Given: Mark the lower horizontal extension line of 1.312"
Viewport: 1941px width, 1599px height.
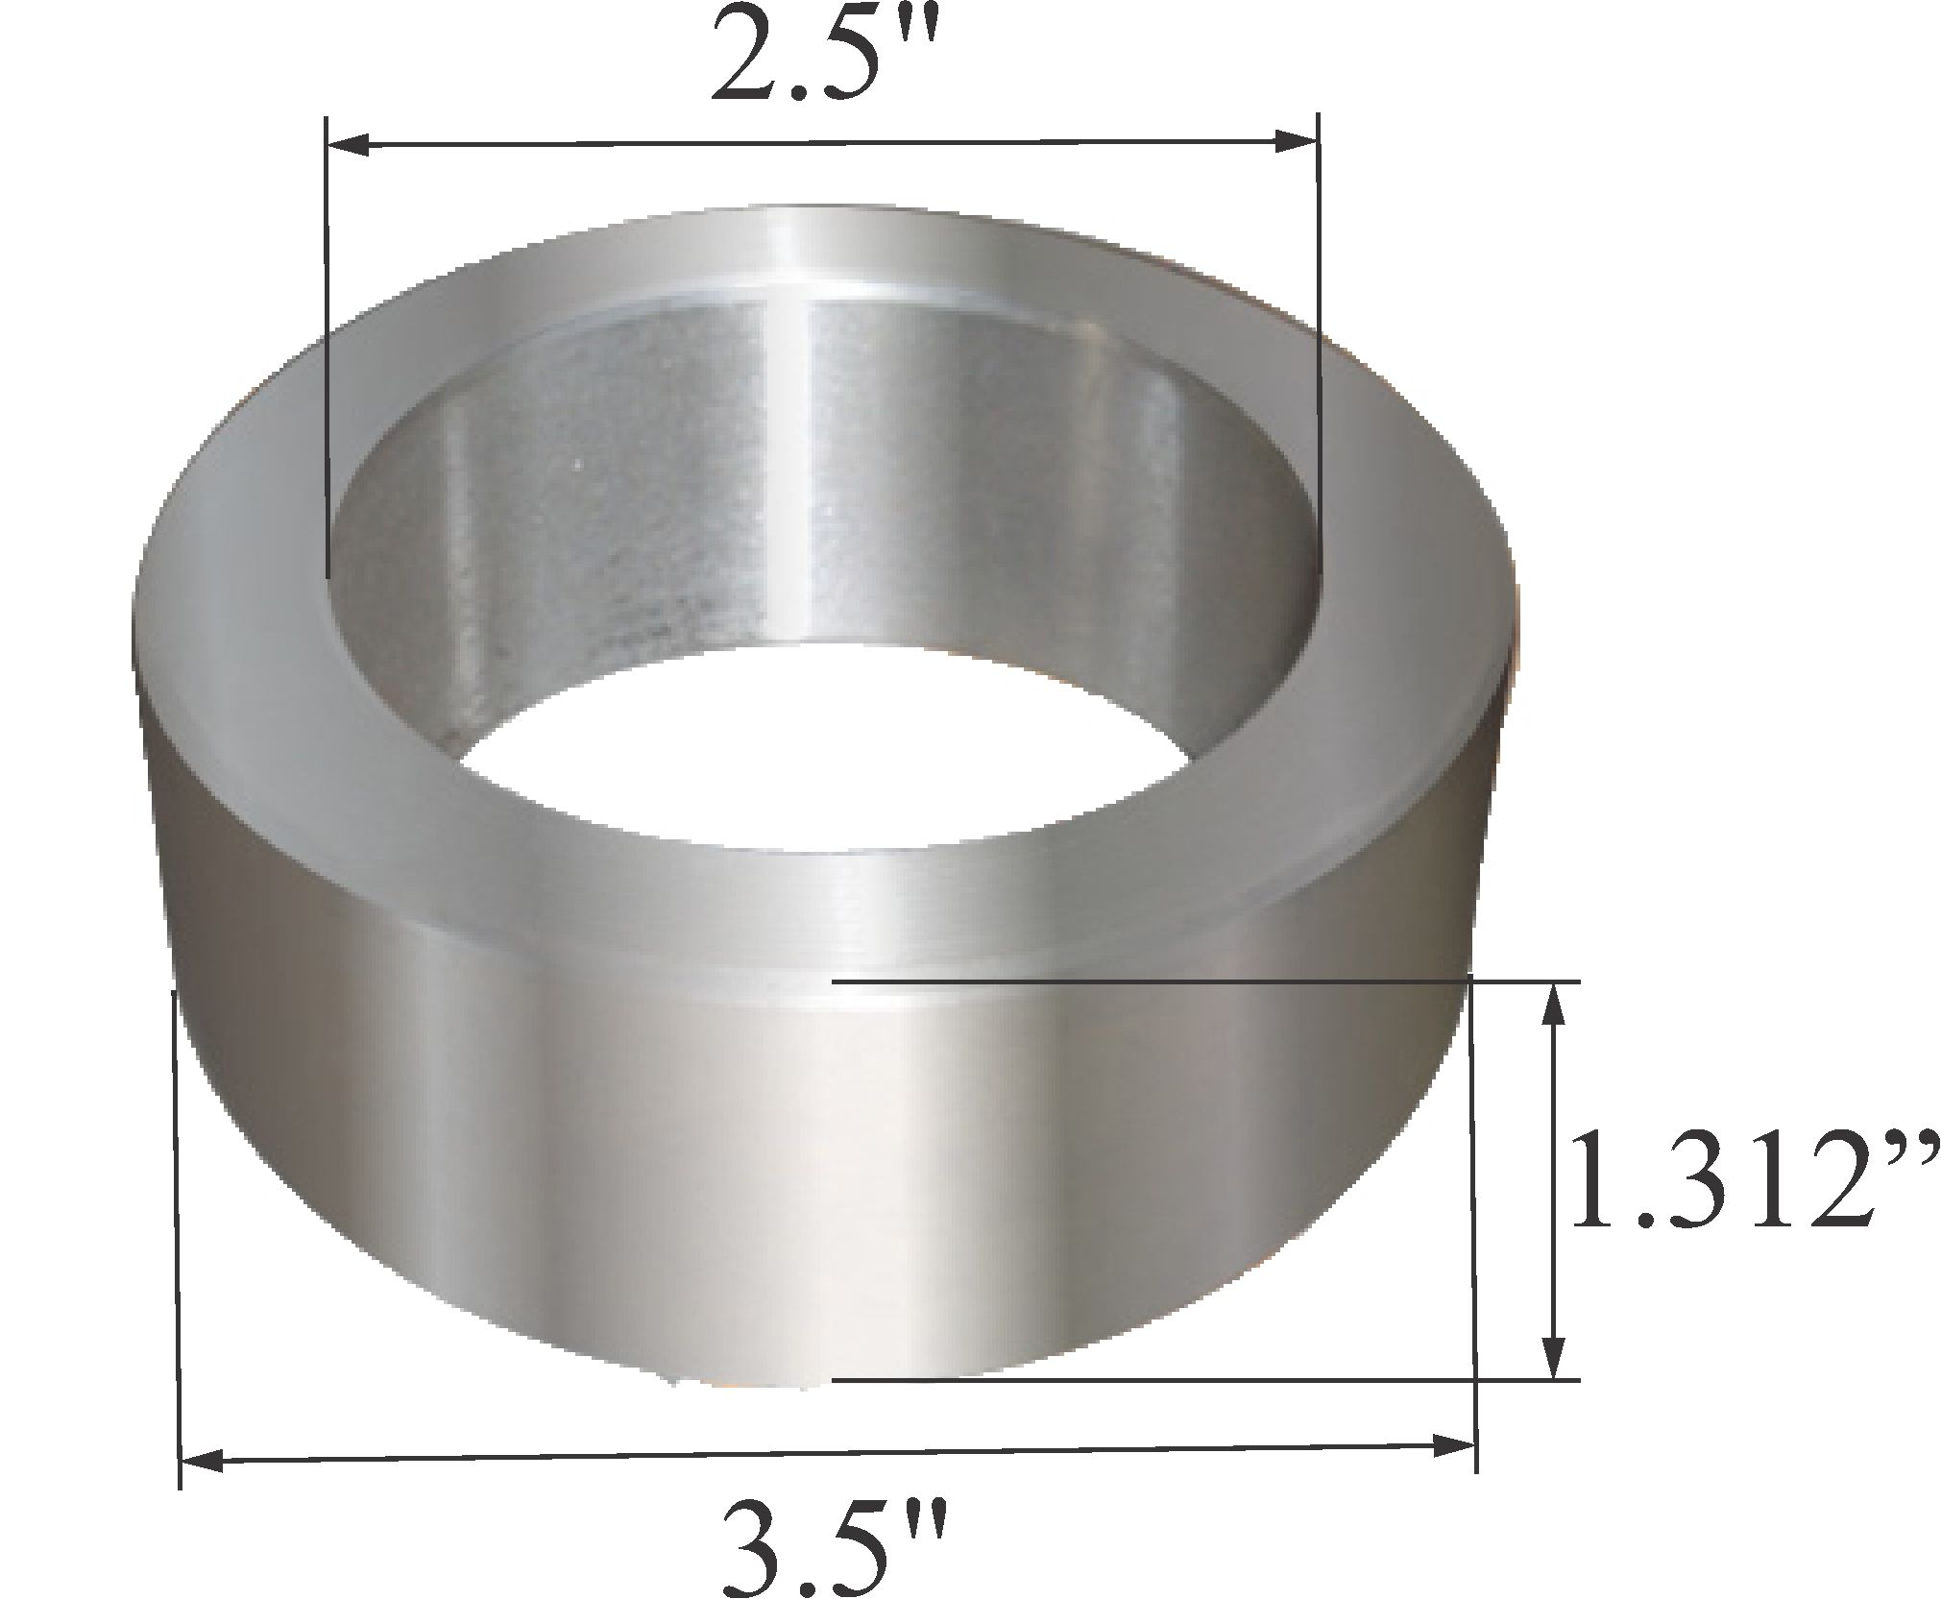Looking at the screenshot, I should point(1201,1380).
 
